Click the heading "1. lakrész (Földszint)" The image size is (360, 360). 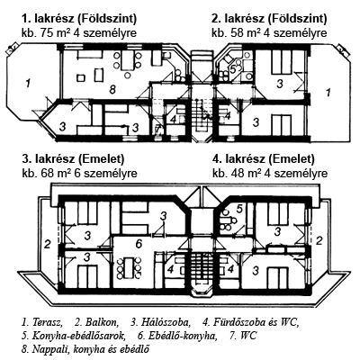click(79, 19)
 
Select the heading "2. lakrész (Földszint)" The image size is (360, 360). click(269, 19)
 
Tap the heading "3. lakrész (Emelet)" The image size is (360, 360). click(73, 158)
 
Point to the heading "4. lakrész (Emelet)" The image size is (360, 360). click(264, 158)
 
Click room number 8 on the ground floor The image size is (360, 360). click(112, 89)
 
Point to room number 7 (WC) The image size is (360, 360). click(157, 130)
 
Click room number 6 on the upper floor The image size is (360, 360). click(139, 244)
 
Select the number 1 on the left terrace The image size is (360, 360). click(28, 83)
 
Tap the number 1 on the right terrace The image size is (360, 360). click(328, 92)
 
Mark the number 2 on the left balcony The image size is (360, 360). click(48, 245)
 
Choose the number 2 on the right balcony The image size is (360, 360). click(319, 240)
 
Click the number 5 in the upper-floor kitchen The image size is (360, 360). click(239, 209)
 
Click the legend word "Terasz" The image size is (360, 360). click(48, 322)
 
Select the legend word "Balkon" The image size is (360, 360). click(102, 322)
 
